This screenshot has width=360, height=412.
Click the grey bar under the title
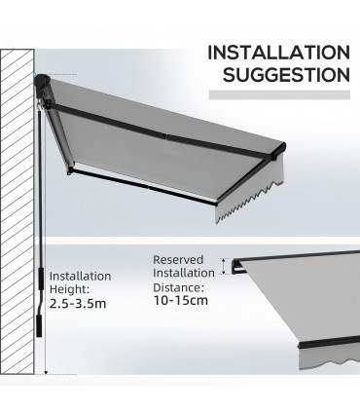tap(282, 96)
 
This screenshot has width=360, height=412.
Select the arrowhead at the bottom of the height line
tap(46, 370)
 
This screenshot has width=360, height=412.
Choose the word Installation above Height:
tap(80, 276)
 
